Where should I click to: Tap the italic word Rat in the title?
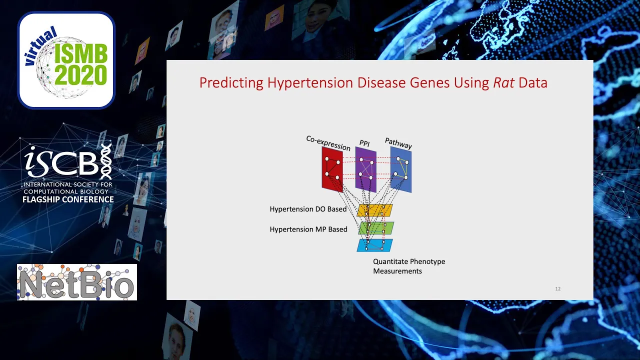(x=503, y=82)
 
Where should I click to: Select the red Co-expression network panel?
(x=332, y=169)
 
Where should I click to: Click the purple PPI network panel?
(x=366, y=169)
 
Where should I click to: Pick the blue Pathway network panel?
(x=401, y=169)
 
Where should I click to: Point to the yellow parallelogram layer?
(x=375, y=210)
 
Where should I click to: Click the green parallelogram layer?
(x=376, y=228)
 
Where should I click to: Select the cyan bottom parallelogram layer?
(x=375, y=245)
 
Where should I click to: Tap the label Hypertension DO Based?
(x=308, y=209)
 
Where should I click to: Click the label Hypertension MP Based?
(x=308, y=229)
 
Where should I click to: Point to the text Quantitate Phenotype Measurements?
(x=409, y=266)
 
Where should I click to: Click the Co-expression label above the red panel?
(x=328, y=143)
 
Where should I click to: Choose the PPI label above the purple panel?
(x=364, y=143)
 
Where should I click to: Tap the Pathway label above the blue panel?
(x=398, y=143)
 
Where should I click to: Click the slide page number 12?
(x=557, y=289)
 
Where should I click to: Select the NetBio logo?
(x=77, y=282)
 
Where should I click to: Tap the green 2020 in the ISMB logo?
(x=81, y=75)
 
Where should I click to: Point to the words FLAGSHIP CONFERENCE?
(x=68, y=199)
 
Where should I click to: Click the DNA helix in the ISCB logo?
(x=106, y=161)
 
